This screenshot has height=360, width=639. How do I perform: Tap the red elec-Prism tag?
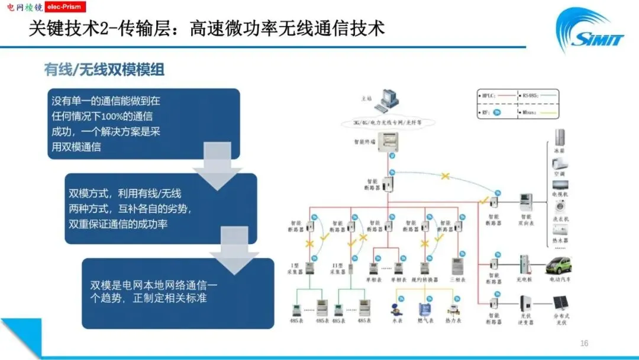62,7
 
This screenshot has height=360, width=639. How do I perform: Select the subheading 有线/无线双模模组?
104,70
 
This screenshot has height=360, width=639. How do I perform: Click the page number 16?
584,343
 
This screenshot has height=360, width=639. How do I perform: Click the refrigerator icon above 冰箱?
559,137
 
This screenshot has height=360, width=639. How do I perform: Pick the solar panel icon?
559,303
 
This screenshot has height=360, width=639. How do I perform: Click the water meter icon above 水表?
392,308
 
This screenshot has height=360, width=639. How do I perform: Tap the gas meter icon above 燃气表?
424,309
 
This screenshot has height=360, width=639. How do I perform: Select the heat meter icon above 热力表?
453,309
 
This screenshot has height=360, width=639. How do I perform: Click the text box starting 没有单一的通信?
143,123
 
